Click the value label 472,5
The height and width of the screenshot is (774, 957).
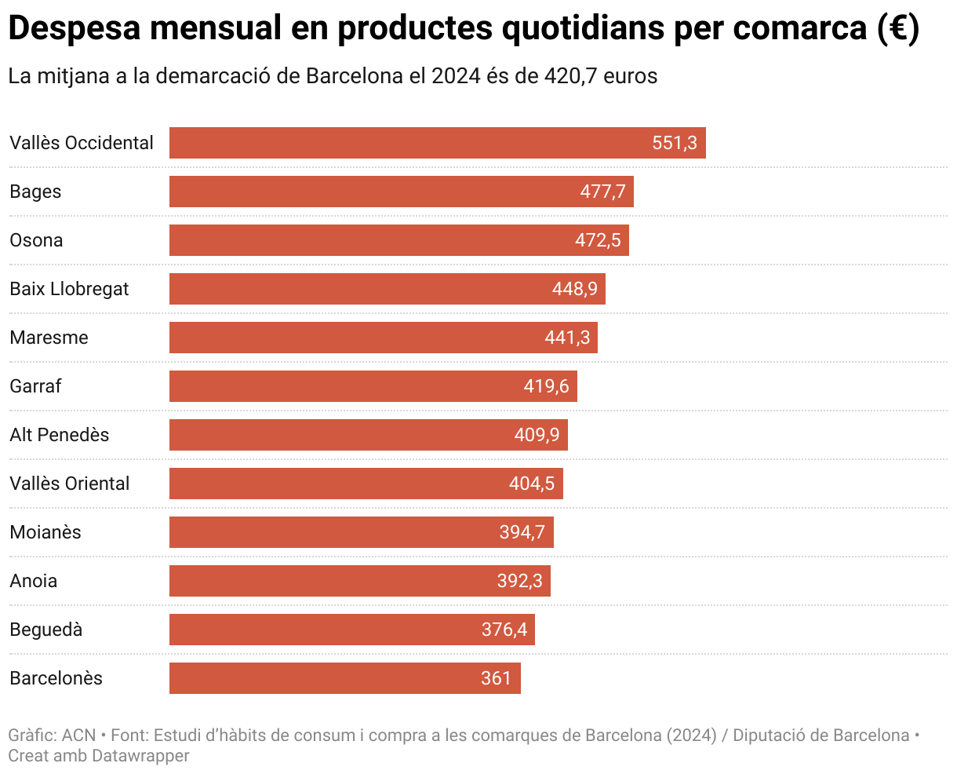pos(598,240)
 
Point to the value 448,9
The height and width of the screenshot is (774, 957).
pos(575,289)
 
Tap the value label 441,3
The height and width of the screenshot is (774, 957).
pos(567,338)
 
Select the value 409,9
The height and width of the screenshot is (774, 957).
pos(537,435)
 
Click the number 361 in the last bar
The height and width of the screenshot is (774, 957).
pos(496,678)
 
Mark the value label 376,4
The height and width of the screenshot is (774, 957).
pos(504,630)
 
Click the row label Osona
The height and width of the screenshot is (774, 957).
pos(36,240)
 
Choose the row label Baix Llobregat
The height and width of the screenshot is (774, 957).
pos(69,289)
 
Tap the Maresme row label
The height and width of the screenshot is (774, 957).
pos(49,338)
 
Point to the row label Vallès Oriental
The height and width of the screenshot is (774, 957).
pos(69,484)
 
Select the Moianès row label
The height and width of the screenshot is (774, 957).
pos(45,532)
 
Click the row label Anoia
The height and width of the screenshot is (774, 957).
pos(33,581)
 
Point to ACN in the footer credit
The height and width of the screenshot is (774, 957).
pos(78,736)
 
